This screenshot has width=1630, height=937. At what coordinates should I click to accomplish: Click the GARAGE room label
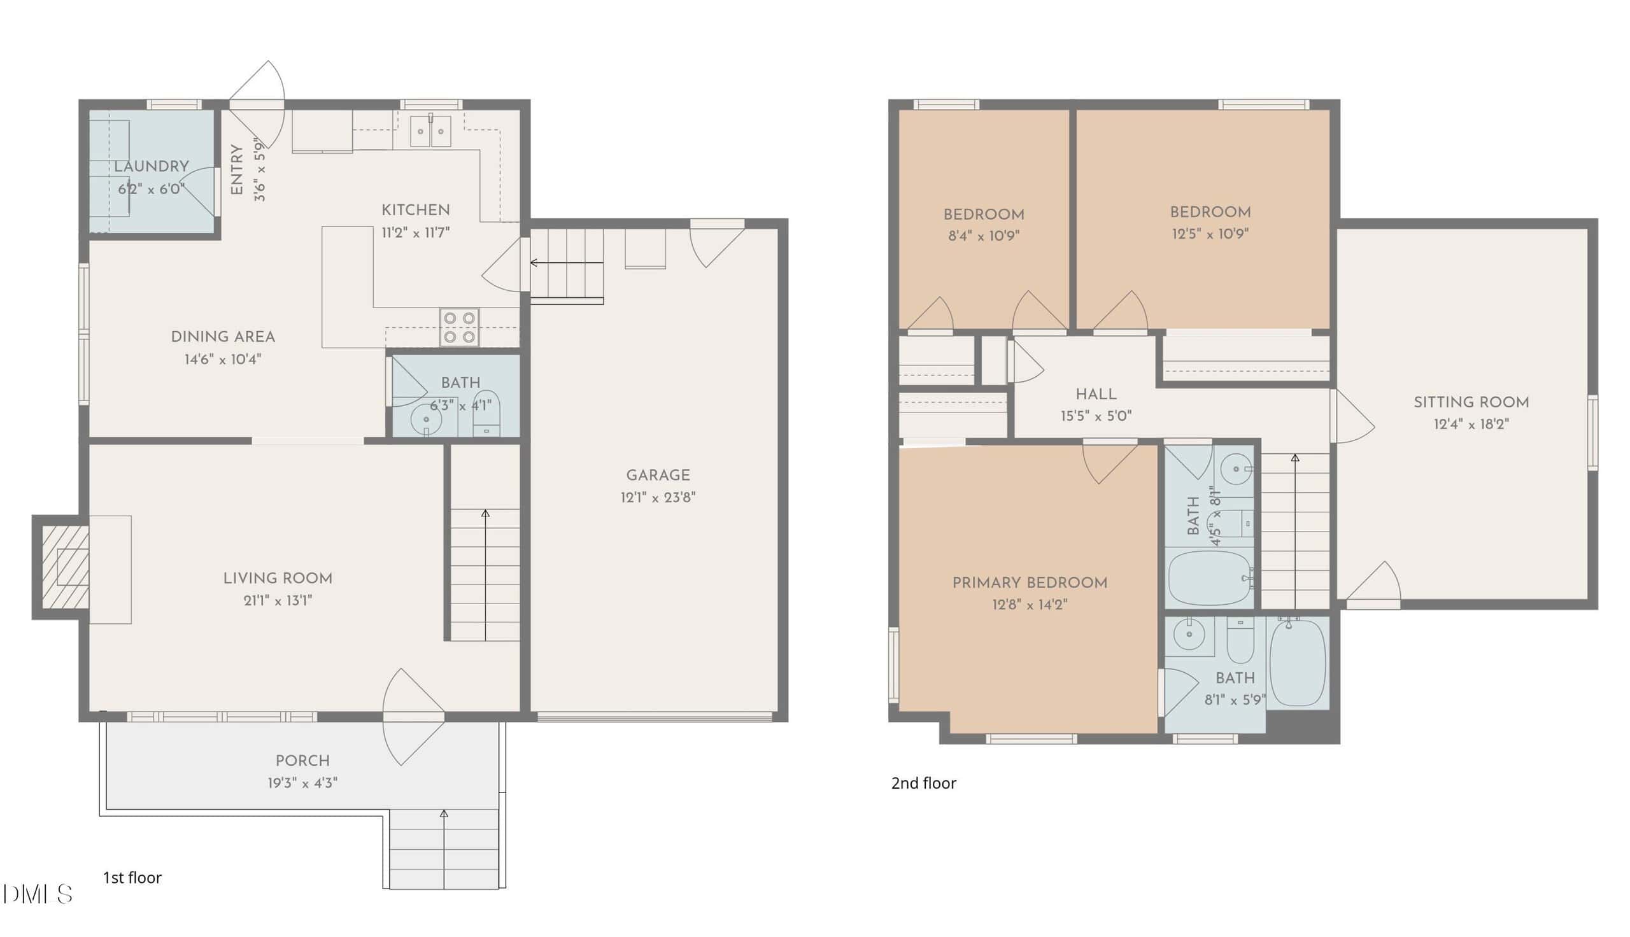click(x=658, y=476)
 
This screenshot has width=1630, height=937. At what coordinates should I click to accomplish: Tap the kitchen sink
click(x=430, y=131)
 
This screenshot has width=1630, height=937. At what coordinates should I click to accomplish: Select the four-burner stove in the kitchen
click(x=460, y=327)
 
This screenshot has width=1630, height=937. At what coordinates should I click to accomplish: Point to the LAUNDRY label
click(x=152, y=167)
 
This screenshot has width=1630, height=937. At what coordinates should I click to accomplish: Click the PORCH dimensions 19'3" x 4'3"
click(x=302, y=783)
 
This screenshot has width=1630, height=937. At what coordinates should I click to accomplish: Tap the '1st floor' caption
click(x=132, y=878)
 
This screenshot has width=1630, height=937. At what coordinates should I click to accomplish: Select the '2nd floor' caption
click(x=923, y=783)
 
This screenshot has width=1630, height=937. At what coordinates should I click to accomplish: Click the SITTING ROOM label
click(x=1471, y=402)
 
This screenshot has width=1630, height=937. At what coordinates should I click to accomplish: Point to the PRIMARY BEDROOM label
click(x=1030, y=583)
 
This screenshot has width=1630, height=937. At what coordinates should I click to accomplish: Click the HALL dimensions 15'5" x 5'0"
click(x=1096, y=416)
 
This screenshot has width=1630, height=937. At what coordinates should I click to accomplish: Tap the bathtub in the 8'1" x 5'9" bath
click(x=1297, y=662)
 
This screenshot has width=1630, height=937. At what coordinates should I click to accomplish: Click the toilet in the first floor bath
click(x=486, y=412)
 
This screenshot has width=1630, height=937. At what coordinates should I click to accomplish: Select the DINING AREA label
click(x=223, y=337)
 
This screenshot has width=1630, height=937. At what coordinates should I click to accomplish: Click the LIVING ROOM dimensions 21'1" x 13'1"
click(x=278, y=600)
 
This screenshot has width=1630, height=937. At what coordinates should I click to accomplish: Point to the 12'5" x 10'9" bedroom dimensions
click(x=1210, y=234)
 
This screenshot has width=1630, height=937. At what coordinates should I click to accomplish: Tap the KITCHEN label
click(x=416, y=210)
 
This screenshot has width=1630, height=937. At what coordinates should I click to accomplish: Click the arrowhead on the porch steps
click(x=444, y=814)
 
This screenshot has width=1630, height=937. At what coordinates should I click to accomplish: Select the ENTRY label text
click(x=237, y=170)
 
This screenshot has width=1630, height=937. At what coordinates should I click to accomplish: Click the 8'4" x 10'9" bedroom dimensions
click(x=983, y=236)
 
